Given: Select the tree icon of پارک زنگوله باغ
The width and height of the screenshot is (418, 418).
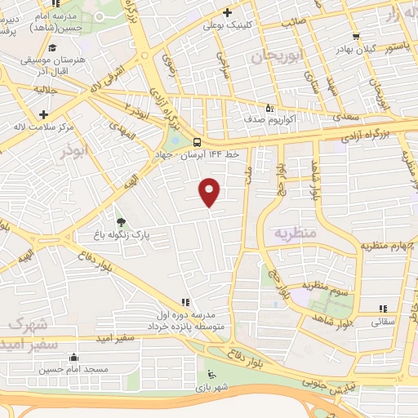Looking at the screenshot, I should tap(122, 221).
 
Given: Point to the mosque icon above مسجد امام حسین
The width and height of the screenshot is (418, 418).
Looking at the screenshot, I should tap(73, 357).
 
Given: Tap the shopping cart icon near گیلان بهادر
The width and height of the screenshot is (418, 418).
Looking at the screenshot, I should tap(355, 36).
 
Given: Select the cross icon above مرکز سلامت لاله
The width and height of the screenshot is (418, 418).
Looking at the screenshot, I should tap(43, 113).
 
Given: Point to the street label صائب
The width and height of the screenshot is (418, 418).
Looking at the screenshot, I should tap(293, 22).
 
